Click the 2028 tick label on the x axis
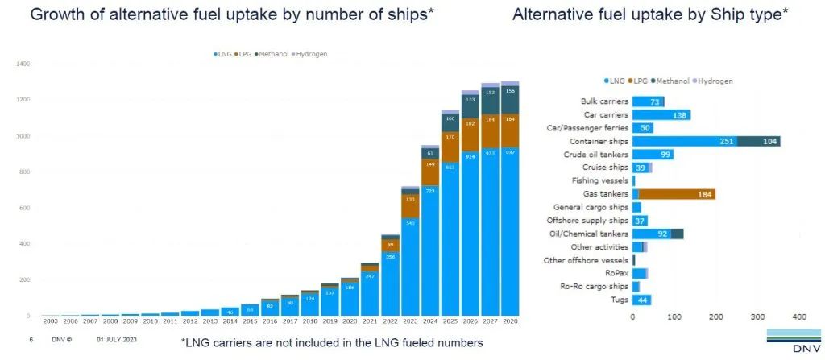pyautogui.click(x=509, y=321)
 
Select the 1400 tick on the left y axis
pyautogui.click(x=23, y=64)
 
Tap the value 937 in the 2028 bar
pyautogui.click(x=509, y=152)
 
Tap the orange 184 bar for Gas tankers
pyautogui.click(x=677, y=194)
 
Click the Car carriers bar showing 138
pyautogui.click(x=661, y=115)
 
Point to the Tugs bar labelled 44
pyautogui.click(x=642, y=300)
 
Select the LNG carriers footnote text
pyautogui.click(x=332, y=342)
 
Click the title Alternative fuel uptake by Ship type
pyautogui.click(x=650, y=15)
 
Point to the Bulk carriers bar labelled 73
pyautogui.click(x=648, y=102)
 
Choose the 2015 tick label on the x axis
pyautogui.click(x=251, y=321)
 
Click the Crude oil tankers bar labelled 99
pyautogui.click(x=653, y=155)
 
